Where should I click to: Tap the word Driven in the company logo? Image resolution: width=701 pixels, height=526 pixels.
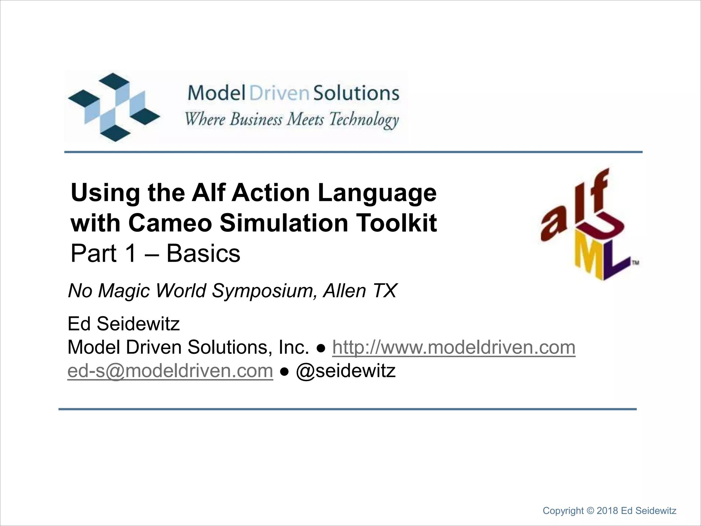click(x=279, y=93)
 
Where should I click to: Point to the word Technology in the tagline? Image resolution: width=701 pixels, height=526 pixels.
click(x=364, y=120)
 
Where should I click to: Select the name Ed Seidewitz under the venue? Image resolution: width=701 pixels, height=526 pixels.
click(x=124, y=324)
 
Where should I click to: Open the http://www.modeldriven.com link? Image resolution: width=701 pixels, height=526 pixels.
click(x=454, y=347)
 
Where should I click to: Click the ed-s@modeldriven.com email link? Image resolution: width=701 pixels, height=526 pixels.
click(x=170, y=371)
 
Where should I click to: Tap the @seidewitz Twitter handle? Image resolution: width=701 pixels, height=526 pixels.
click(x=346, y=371)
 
